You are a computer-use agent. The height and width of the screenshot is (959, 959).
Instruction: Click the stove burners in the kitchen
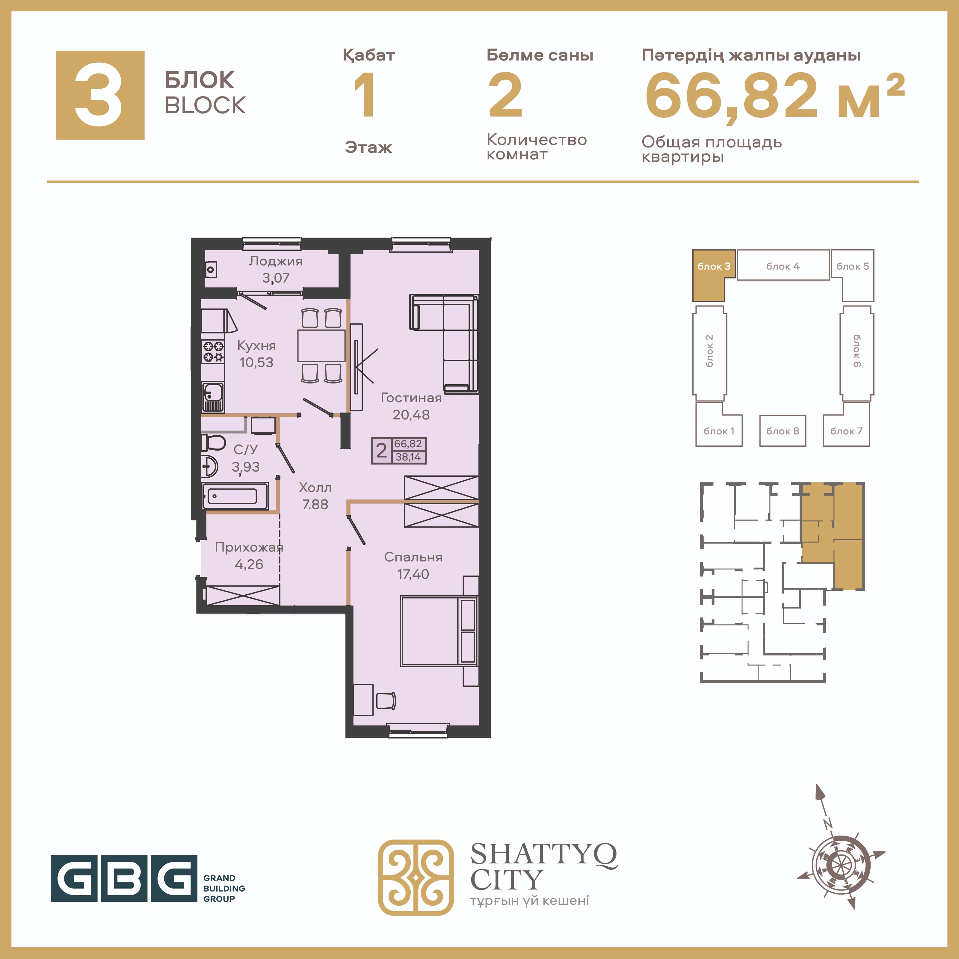[213, 351]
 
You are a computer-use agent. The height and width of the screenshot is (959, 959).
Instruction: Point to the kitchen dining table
[321, 345]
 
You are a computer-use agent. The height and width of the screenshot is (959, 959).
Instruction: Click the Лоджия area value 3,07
[276, 278]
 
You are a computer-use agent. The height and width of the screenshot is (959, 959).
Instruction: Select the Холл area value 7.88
[315, 504]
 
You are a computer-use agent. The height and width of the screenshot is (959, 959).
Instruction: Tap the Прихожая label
[249, 547]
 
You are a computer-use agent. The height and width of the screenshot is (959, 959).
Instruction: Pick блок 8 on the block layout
[782, 431]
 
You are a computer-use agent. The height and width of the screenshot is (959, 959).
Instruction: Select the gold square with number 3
[100, 95]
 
